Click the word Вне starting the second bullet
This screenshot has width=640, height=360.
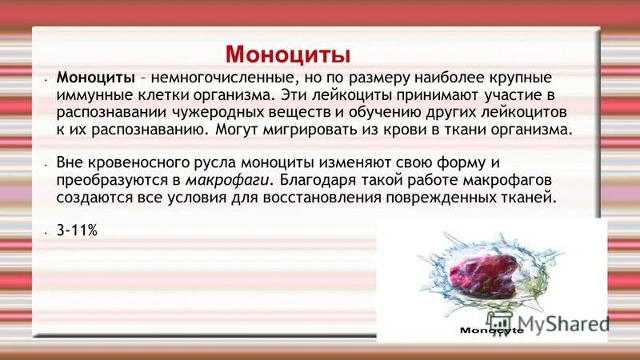70,162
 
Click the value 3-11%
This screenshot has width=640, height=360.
76,230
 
